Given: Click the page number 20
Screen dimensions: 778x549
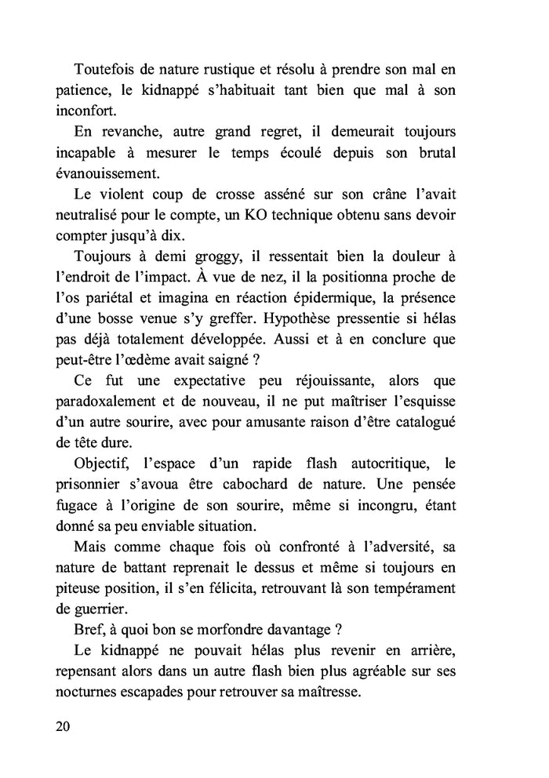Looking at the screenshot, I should coord(64,726).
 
